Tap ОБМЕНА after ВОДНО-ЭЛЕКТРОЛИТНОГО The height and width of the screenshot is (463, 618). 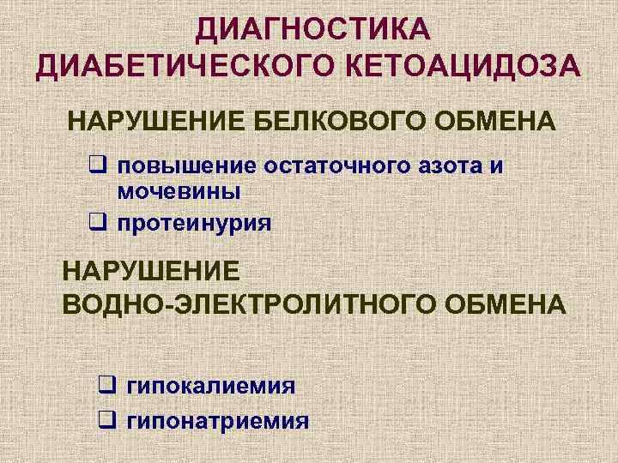512,304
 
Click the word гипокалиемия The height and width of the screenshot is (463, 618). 211,385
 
